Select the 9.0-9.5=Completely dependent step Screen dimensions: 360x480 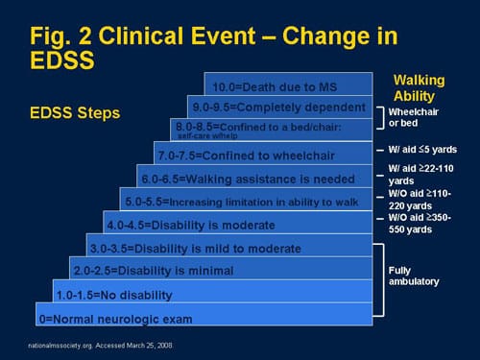(279, 106)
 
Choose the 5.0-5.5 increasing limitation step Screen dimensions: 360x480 (247, 203)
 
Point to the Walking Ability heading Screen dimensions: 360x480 (421, 87)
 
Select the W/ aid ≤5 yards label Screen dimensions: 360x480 (423, 150)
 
